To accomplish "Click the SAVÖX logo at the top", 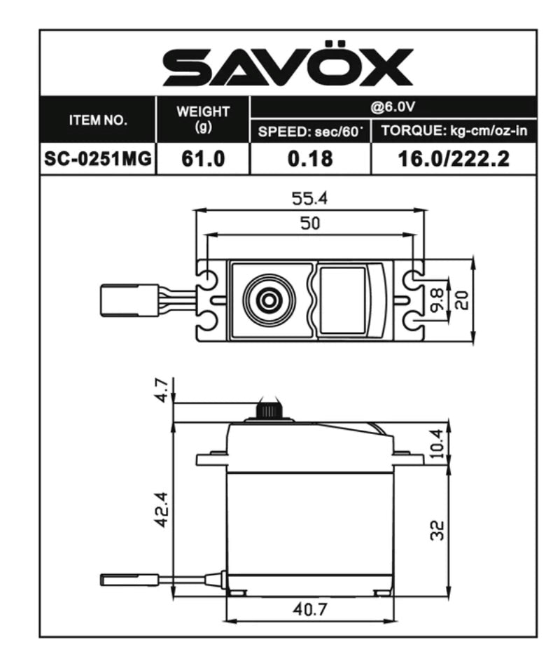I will tap(288, 68).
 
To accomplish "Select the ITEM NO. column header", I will tap(98, 120).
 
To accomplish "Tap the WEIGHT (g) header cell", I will tap(203, 120).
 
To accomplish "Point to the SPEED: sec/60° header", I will tap(309, 131).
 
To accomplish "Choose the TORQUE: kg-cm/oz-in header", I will tap(453, 131).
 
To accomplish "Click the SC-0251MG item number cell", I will tap(98, 159).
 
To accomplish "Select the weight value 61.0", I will tap(203, 159).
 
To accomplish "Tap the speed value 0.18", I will tap(309, 159).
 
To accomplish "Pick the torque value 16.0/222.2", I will tap(453, 159).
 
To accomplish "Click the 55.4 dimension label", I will tap(309, 199).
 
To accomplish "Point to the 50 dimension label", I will tap(309, 223).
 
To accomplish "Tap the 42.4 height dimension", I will tap(161, 509).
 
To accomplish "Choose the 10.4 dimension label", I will tap(437, 442).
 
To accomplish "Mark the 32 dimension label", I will tap(437, 530).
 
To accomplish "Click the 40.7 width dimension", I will tap(309, 609).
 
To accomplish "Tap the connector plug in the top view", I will tap(129, 300).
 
